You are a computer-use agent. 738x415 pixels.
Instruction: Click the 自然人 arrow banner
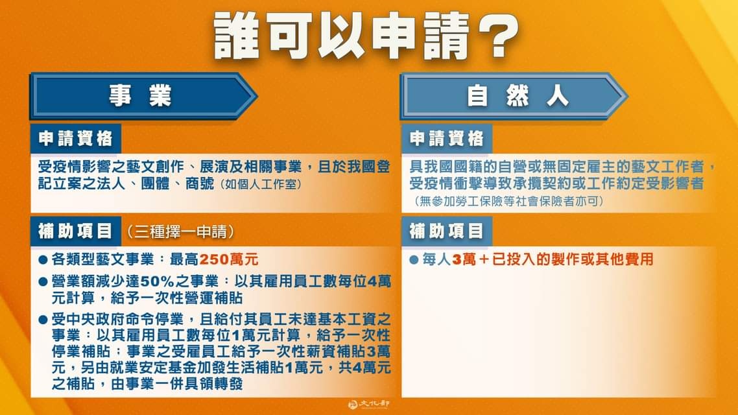(514, 96)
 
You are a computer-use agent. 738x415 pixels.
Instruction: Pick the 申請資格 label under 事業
(76, 139)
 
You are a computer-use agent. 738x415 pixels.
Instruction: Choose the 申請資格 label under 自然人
(447, 139)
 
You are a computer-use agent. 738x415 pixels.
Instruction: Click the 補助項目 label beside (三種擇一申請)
(76, 231)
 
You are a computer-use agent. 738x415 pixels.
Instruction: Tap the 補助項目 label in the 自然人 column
(447, 231)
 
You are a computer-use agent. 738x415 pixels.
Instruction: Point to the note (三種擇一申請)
(180, 231)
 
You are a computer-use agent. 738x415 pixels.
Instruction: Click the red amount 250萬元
(229, 259)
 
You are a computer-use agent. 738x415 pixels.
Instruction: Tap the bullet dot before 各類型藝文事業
(43, 260)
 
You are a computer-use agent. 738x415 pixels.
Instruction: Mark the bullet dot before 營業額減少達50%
(43, 282)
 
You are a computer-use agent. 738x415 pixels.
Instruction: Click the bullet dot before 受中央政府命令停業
(43, 320)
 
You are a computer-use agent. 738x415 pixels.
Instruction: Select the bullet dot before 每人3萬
(414, 260)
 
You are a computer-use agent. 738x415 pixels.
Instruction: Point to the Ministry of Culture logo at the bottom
(368, 404)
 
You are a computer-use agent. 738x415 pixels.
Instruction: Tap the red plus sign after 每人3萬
(484, 259)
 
